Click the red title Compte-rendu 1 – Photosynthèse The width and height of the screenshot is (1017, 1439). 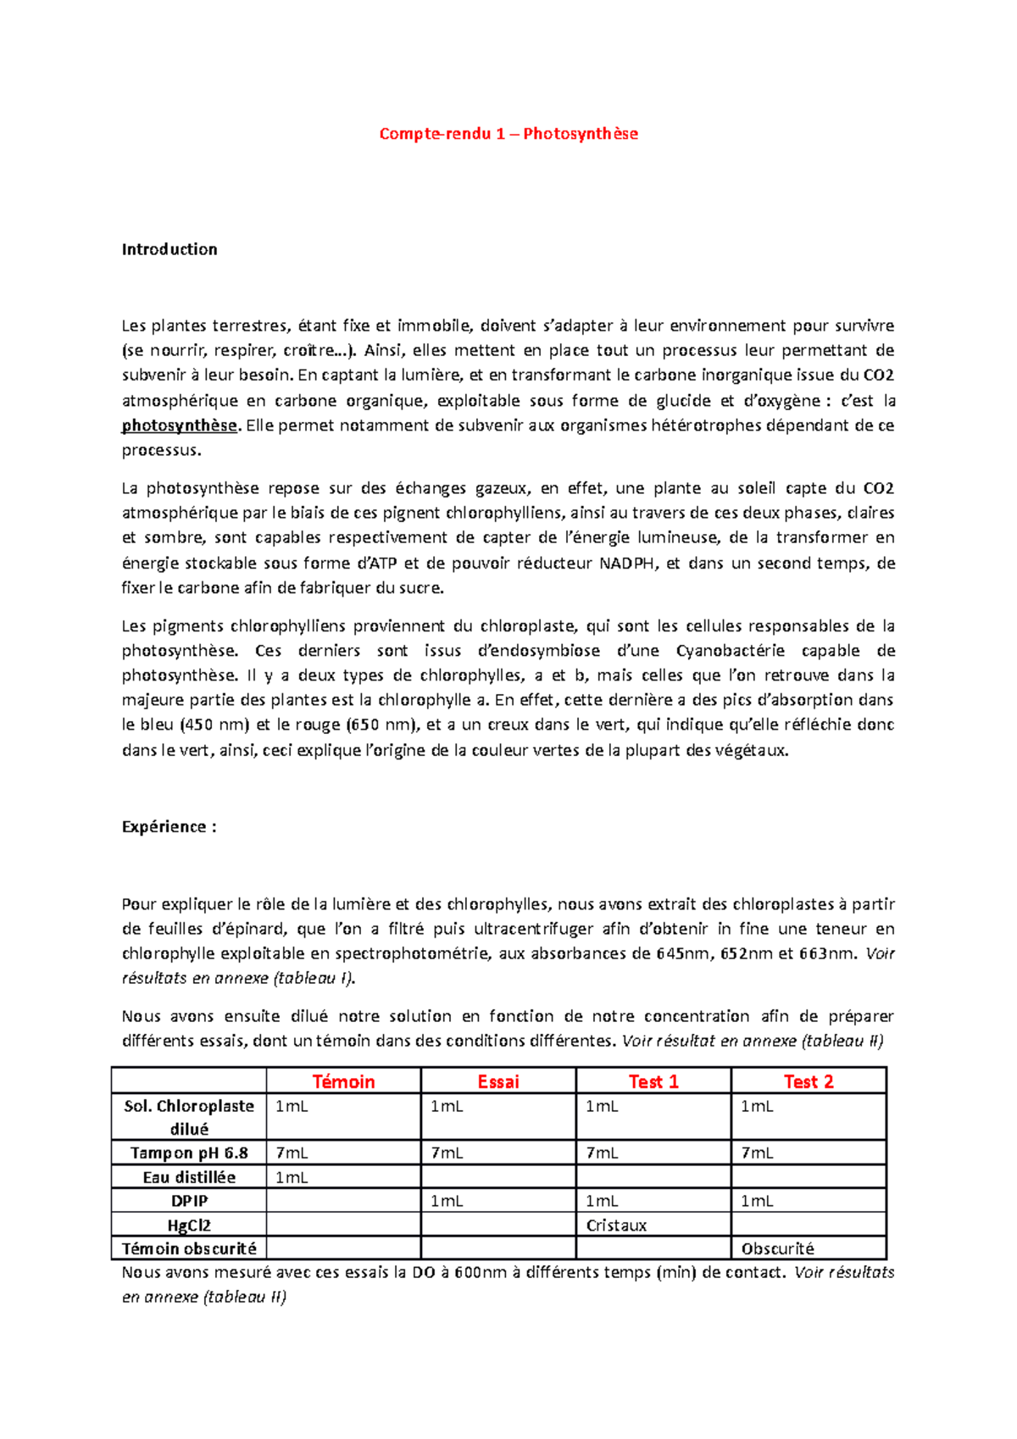coord(508,134)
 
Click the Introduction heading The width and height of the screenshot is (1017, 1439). coord(169,249)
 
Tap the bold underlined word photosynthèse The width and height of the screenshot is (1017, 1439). coord(180,425)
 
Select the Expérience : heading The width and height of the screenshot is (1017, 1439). coord(169,827)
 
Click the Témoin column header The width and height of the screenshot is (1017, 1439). coord(343,1081)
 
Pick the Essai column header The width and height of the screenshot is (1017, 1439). coord(498,1081)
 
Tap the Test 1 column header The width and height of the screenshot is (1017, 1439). coord(653,1081)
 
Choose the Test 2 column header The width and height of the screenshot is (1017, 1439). coord(809,1081)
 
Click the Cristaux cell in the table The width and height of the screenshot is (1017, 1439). coord(616,1225)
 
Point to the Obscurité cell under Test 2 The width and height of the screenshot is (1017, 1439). coord(777,1248)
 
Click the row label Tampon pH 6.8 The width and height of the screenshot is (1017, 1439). coord(189,1153)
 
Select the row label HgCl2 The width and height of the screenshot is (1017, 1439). coord(189,1225)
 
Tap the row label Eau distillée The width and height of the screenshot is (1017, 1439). coord(189,1177)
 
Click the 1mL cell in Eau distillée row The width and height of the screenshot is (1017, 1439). coord(292,1177)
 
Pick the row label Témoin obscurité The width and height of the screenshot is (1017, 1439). coord(189,1248)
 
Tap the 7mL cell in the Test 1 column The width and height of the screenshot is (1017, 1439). coord(602,1153)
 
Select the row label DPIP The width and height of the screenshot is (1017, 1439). coord(189,1201)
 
